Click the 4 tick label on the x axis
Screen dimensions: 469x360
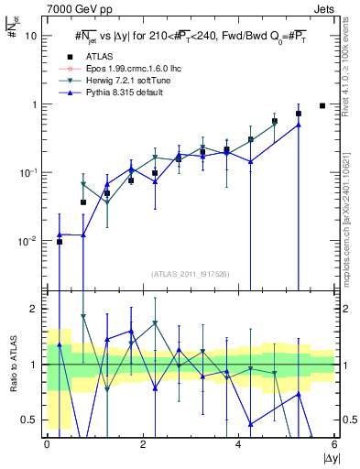tap(238, 444)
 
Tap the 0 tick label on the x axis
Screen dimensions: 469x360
tap(47, 444)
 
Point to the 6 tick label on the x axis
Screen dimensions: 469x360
tap(334, 444)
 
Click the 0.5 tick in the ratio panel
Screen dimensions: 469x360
tap(28, 420)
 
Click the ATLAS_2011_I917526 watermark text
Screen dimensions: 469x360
tap(191, 274)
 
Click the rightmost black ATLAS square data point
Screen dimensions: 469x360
tap(322, 105)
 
